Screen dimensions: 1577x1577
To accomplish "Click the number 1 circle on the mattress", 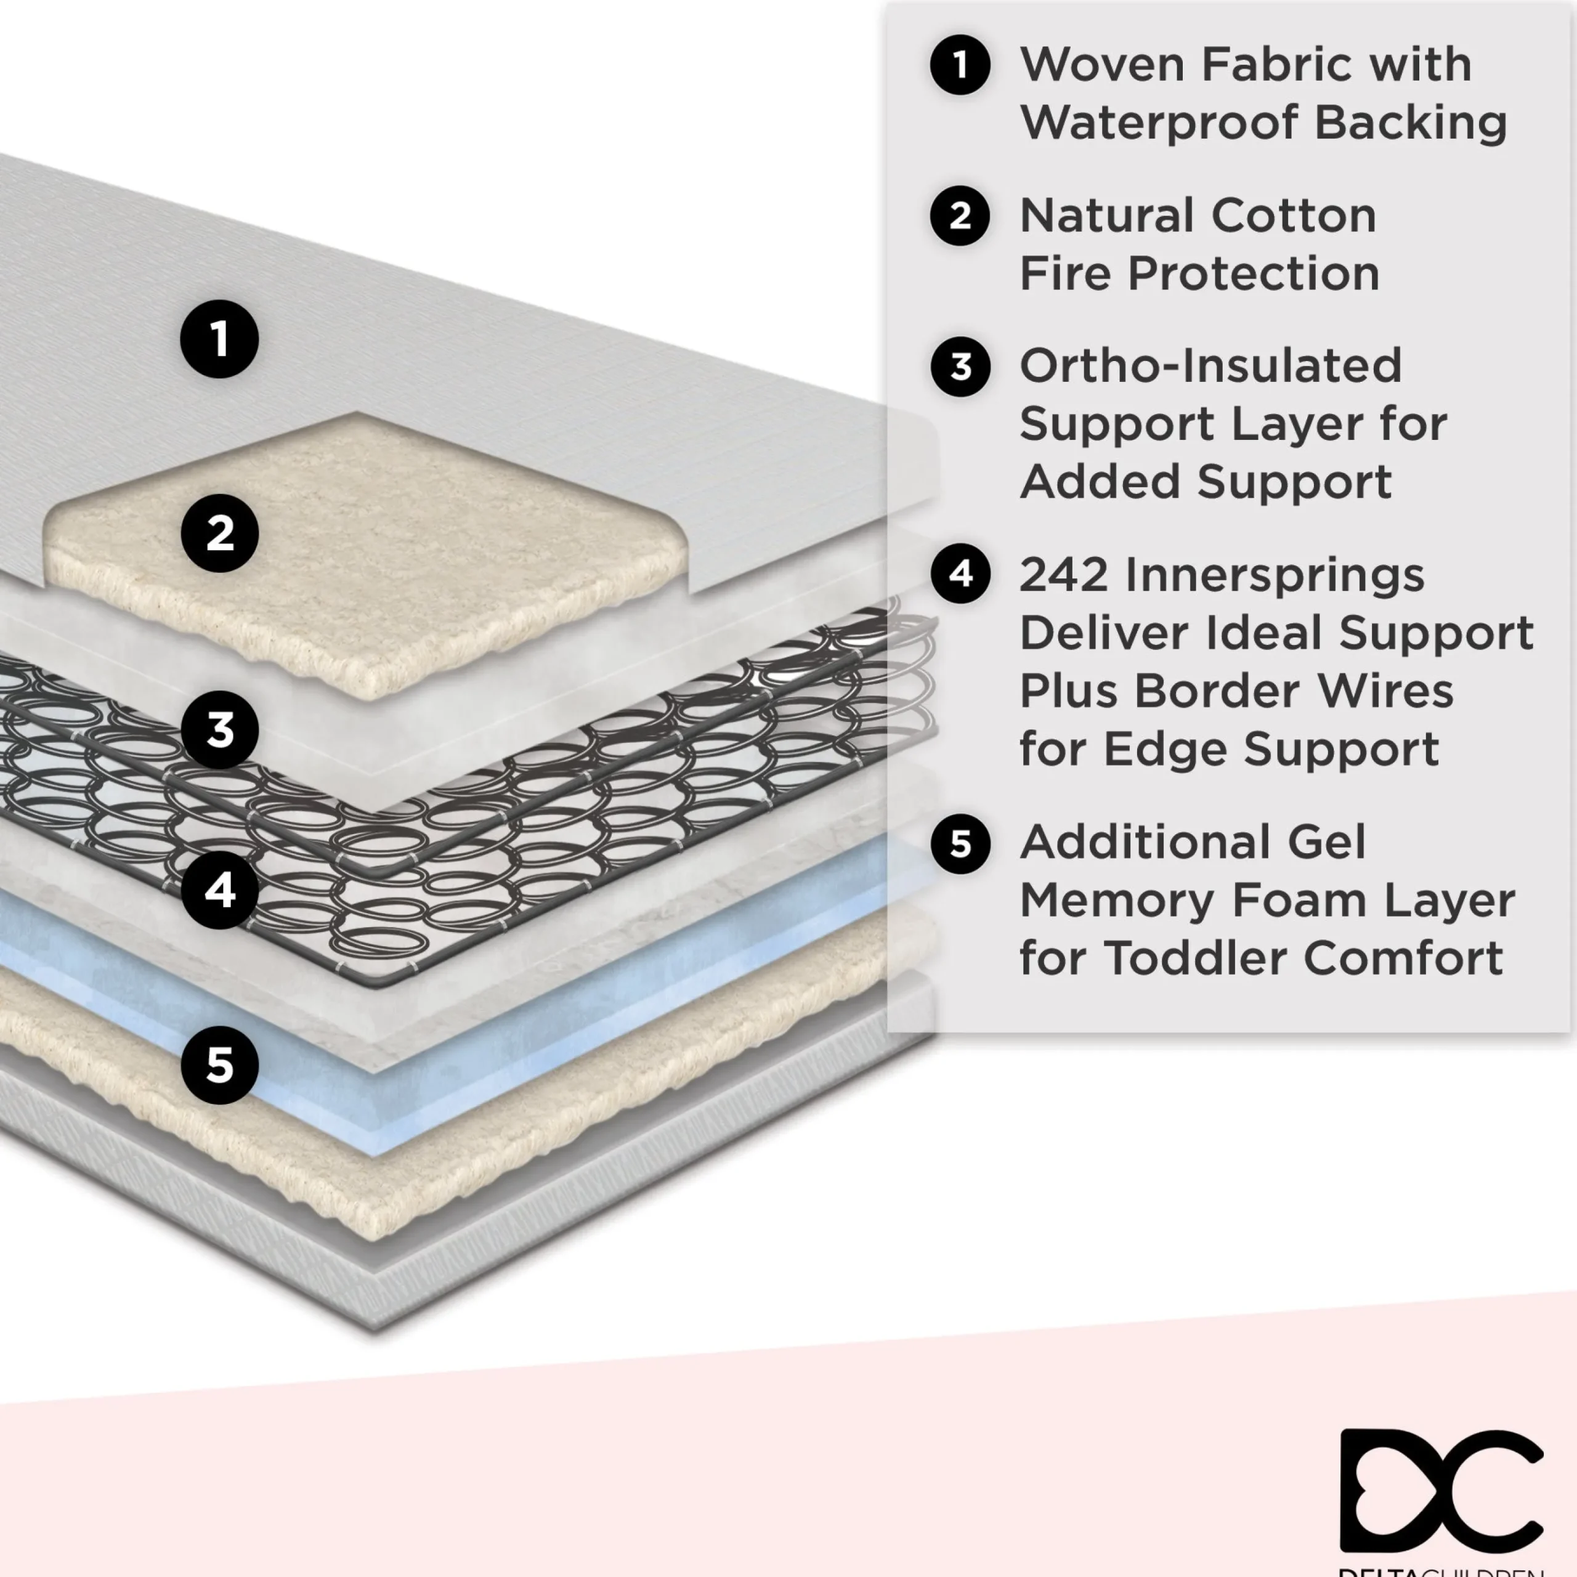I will pyautogui.click(x=219, y=339).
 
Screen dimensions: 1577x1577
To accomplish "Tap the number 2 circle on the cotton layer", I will pyautogui.click(x=219, y=533).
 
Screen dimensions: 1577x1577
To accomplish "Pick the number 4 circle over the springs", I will pyautogui.click(x=219, y=890).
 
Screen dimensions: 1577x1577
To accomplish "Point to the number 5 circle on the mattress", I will pyautogui.click(x=219, y=1065).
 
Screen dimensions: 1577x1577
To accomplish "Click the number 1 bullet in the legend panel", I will pyautogui.click(x=960, y=65).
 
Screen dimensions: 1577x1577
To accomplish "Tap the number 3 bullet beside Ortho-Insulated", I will pyautogui.click(x=960, y=367).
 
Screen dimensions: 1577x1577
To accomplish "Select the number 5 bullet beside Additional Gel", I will pyautogui.click(x=960, y=843).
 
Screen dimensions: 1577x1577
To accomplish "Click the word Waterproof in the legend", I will pyautogui.click(x=1159, y=123).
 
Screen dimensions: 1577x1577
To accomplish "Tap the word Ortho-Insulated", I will pyautogui.click(x=1210, y=366).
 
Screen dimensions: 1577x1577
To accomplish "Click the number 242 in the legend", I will pyautogui.click(x=1064, y=575).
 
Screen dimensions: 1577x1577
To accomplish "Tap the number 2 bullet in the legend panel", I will pyautogui.click(x=960, y=216).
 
